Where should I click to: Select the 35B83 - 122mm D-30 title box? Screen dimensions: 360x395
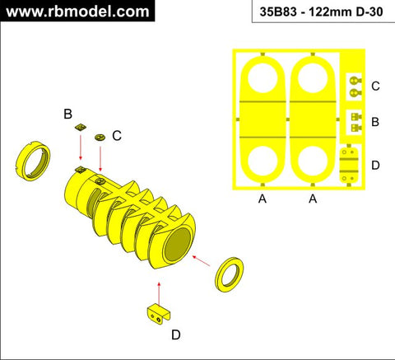click(318, 12)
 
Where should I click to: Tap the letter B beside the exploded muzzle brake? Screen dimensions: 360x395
click(68, 114)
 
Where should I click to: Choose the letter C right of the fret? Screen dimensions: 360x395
click(375, 86)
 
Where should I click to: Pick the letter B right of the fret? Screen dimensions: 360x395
click(375, 122)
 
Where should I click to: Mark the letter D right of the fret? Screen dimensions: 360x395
click(375, 166)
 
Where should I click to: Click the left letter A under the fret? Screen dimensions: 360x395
click(263, 199)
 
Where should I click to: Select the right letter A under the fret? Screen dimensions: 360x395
click(314, 199)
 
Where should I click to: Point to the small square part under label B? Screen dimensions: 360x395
click(80, 129)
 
